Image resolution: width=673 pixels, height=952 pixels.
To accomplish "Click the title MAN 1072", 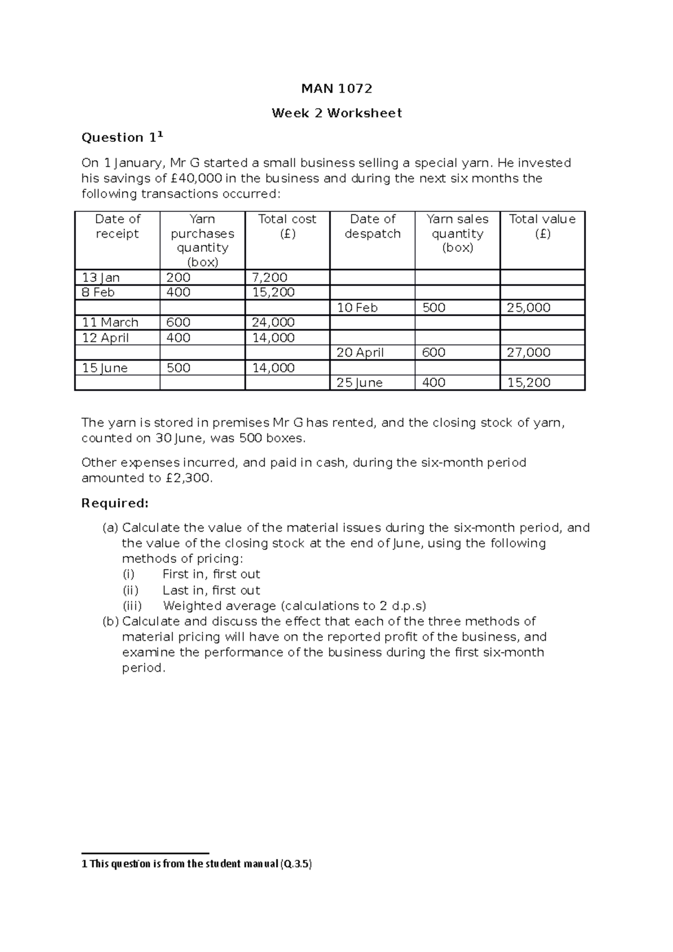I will (336, 89).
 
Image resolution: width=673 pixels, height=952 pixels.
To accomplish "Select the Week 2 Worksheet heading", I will (336, 113).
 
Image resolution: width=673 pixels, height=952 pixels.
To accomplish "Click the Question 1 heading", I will (122, 137).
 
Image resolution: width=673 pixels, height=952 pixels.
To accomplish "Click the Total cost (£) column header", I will (287, 226).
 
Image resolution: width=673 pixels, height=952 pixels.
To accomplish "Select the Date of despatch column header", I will (372, 226).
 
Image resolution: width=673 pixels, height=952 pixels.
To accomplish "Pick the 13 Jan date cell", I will (101, 278).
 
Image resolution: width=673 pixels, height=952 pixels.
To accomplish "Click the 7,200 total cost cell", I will (270, 278).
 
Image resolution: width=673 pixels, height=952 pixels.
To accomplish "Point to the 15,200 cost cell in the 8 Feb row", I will (273, 292).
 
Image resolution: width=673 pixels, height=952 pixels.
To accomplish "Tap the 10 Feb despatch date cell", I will (357, 308).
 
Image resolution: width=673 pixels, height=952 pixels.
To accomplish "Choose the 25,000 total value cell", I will (528, 308).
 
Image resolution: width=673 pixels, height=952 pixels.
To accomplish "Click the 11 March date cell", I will (110, 322).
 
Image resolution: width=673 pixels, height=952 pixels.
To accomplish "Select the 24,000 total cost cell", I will (273, 322).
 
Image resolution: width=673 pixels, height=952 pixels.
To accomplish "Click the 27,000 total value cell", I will (528, 353).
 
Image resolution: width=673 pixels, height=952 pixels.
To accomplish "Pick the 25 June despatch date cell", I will (359, 383).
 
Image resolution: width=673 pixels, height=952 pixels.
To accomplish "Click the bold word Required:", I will (115, 503).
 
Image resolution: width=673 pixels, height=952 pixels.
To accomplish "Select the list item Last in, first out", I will (211, 590).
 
